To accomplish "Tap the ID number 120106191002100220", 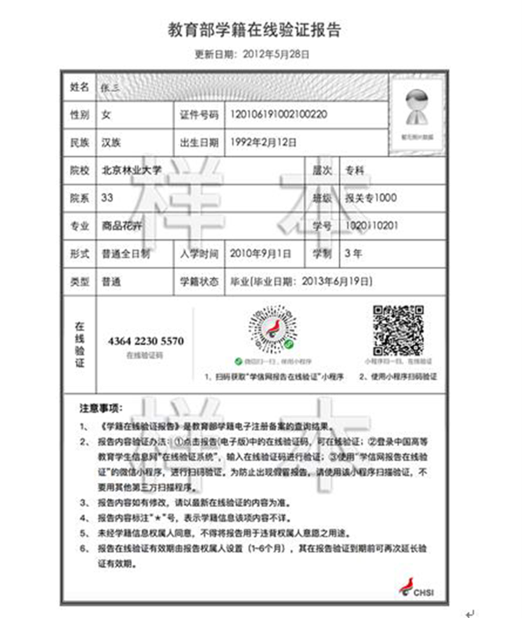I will pyautogui.click(x=278, y=114).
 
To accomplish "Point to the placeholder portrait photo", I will pyautogui.click(x=417, y=108).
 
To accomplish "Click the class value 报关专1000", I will pyautogui.click(x=371, y=197).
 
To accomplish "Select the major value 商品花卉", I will pyautogui.click(x=121, y=225).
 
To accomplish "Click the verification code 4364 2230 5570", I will pyautogui.click(x=146, y=341).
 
